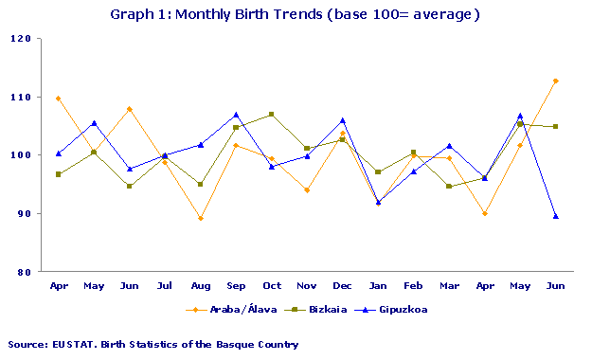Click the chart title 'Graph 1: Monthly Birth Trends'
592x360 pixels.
(x=296, y=14)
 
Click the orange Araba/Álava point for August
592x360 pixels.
(x=201, y=218)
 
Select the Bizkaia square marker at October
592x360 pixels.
(x=272, y=115)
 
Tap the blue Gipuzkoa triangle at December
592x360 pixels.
(x=343, y=120)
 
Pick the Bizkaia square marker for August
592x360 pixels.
(x=201, y=185)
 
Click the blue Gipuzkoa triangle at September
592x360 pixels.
(x=236, y=115)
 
